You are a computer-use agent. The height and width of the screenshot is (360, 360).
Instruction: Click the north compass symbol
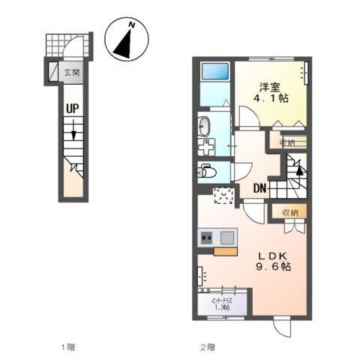[127, 40]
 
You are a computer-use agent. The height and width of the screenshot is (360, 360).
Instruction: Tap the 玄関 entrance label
[72, 73]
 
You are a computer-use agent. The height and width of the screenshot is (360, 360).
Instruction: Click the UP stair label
[73, 109]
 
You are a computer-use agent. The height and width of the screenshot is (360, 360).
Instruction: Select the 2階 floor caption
[207, 346]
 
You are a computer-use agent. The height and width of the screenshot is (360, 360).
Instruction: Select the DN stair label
[259, 188]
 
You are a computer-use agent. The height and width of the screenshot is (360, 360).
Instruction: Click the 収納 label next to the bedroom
[287, 142]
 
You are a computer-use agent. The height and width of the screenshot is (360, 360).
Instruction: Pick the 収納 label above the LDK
[289, 213]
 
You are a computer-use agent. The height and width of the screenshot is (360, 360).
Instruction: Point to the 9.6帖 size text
[274, 268]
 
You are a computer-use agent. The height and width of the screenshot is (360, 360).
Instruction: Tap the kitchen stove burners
[205, 238]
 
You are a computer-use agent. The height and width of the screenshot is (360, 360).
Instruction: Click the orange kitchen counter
[225, 250]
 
